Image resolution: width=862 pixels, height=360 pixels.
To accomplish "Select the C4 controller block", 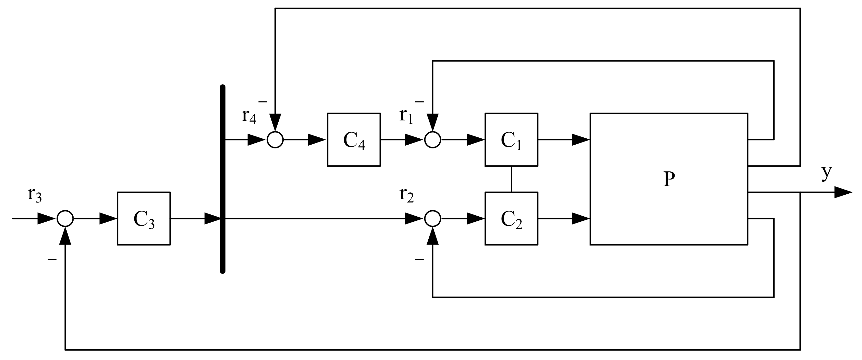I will tap(354, 140).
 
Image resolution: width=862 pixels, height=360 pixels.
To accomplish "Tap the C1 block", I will tap(511, 140).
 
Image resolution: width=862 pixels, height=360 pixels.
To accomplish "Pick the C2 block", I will tap(511, 219).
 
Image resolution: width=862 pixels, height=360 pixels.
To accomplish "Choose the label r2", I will tap(406, 195).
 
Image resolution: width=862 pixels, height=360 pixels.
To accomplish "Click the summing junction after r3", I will tap(65, 219).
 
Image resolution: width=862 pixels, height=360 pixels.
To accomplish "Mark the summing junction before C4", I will tap(275, 140).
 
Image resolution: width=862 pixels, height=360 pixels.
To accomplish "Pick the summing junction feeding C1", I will tap(433, 140).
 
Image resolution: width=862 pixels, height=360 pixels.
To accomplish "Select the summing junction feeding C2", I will tap(433, 219).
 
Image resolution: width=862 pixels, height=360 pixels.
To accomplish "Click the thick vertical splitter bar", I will tap(223, 179).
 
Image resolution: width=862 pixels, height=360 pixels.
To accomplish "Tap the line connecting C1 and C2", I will tap(511, 179).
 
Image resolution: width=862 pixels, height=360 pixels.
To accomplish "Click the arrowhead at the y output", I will tap(843, 192).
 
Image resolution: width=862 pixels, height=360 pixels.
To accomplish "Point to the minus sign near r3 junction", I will tap(52, 259).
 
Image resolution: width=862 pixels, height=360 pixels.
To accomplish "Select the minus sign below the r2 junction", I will tap(419, 259).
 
